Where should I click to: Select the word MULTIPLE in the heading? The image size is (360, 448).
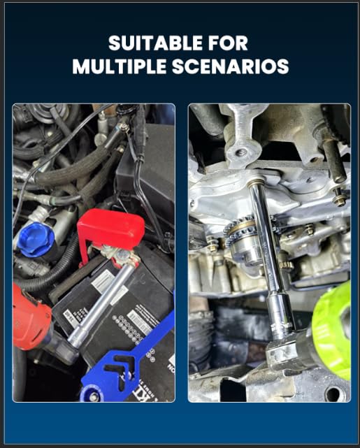point(120,66)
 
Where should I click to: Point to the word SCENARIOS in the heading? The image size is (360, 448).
point(230,66)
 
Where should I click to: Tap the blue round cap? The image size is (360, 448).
point(36,240)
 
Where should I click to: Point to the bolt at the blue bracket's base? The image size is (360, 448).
point(93,396)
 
